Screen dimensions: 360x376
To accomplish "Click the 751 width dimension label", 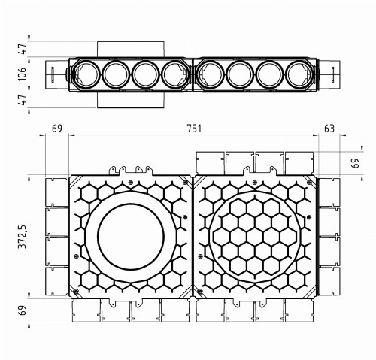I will click(x=194, y=129).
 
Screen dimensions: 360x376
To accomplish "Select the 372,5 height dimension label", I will click(x=23, y=235).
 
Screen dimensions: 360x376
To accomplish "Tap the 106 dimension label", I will click(x=23, y=74).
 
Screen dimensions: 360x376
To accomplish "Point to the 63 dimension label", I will click(x=329, y=129).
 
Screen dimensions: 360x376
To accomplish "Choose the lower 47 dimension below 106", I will click(x=23, y=99).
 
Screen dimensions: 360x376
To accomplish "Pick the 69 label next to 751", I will click(x=56, y=129).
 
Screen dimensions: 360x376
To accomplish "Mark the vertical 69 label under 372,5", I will click(x=23, y=310).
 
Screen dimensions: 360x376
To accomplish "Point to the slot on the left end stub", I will click(x=53, y=74).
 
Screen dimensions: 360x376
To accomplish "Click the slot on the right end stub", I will click(x=333, y=74).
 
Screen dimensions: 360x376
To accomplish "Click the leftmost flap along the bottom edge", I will click(x=85, y=311).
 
